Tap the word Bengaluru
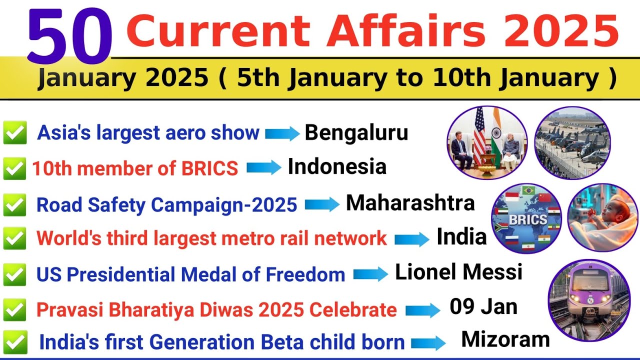point(356,132)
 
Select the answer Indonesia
point(337,167)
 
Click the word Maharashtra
point(410,203)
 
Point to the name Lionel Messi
point(458,272)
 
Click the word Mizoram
point(505,339)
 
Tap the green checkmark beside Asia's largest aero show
point(14,133)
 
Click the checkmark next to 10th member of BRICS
point(14,169)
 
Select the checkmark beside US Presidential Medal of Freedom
point(14,274)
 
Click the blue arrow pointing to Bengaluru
point(282,133)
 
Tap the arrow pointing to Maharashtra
point(322,204)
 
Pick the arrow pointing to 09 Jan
point(422,310)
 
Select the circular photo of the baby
point(602,217)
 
